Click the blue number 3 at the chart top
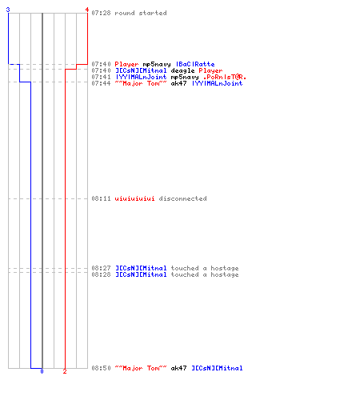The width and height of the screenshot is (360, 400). tap(8, 10)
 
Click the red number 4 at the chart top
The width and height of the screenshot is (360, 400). tap(87, 10)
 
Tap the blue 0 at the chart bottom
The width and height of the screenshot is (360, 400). tap(42, 371)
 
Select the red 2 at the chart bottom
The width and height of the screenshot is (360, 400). tap(65, 371)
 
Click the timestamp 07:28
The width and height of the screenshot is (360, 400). tap(101, 13)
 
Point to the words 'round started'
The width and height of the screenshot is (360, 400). tap(141, 13)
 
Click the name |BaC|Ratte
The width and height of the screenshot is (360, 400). tap(195, 64)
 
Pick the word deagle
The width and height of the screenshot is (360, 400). tap(182, 71)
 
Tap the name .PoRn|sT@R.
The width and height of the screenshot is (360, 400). tap(225, 77)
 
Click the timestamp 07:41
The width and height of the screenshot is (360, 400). tap(101, 77)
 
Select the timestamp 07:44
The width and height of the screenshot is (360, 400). tap(101, 83)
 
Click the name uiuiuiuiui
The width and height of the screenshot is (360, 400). tap(134, 198)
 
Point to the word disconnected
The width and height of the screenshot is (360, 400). tap(183, 198)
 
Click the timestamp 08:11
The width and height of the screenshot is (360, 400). tap(101, 198)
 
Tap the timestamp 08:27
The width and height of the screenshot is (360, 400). tap(101, 268)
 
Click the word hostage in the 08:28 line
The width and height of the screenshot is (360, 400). tap(225, 275)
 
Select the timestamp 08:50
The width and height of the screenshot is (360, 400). tap(101, 368)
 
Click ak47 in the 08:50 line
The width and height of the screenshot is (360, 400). tap(178, 368)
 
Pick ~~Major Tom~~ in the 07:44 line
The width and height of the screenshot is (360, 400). tap(141, 83)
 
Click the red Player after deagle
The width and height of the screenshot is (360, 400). tap(210, 71)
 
